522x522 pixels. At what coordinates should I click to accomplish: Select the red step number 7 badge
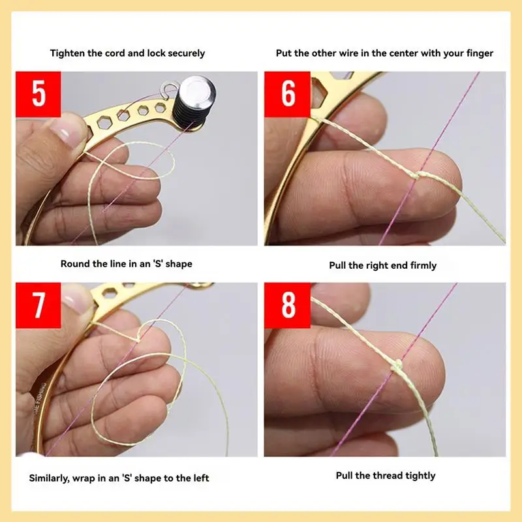click(38, 305)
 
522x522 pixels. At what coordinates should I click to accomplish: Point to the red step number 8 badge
click(288, 305)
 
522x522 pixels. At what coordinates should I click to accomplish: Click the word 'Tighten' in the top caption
click(69, 53)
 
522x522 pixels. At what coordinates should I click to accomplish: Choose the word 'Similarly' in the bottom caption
click(51, 478)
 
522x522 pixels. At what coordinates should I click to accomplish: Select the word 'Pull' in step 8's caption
click(345, 476)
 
